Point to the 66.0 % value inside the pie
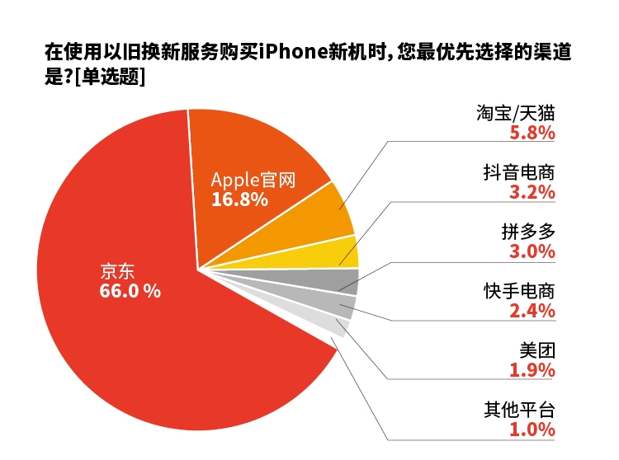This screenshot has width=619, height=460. (130, 291)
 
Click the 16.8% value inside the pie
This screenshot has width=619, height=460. (239, 199)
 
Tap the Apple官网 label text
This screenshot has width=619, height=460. (253, 181)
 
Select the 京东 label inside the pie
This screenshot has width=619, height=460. (117, 271)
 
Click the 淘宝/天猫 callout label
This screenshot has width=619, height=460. (516, 113)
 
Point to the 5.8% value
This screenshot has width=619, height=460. (532, 133)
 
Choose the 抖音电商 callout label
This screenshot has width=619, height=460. (519, 172)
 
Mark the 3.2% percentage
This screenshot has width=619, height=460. (532, 192)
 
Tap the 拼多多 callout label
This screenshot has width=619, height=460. (528, 232)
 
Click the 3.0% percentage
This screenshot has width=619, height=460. (532, 251)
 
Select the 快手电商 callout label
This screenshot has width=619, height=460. (519, 291)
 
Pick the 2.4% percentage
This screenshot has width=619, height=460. (532, 311)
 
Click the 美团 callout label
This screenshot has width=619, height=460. (537, 350)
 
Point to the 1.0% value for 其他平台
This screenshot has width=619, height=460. (532, 429)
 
